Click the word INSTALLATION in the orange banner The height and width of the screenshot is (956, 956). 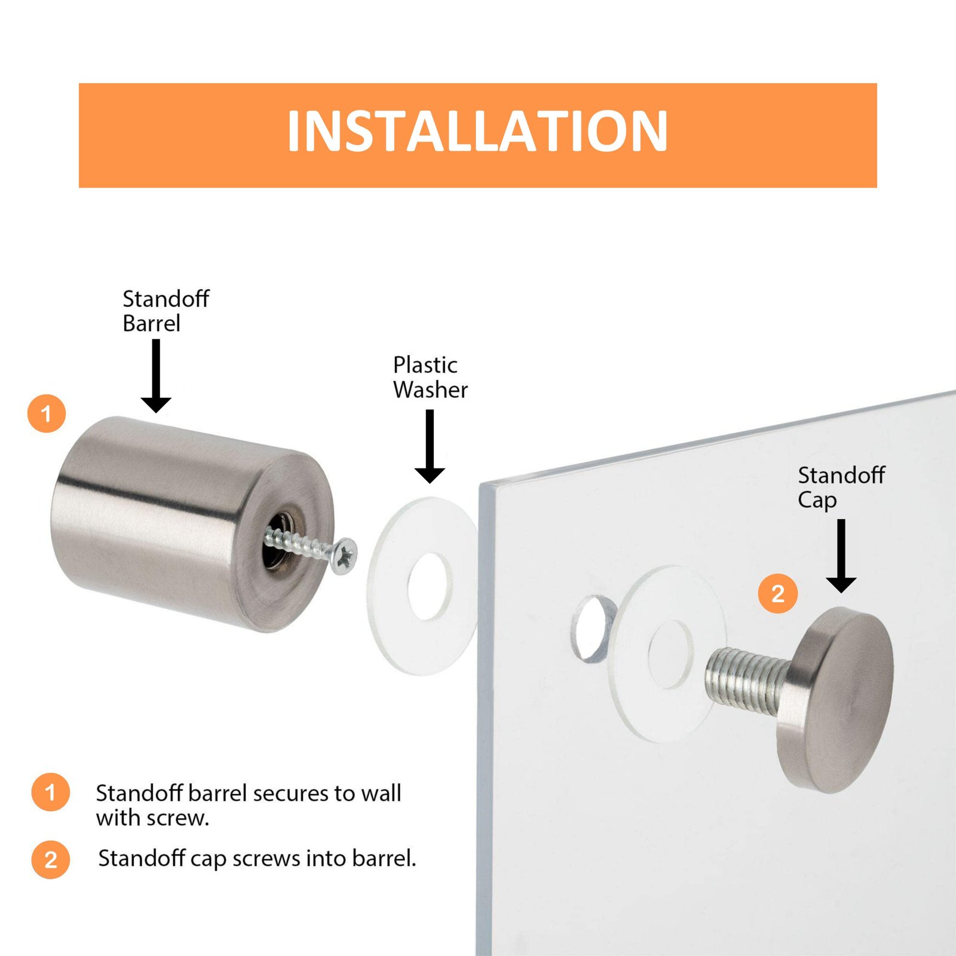point(477,131)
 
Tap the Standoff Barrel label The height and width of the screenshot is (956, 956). point(166,311)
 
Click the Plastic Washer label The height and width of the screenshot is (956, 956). point(430,377)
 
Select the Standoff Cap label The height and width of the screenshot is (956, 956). point(841,488)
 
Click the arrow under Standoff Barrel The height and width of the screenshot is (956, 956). point(156,376)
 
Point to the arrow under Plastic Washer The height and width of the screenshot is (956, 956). point(430,446)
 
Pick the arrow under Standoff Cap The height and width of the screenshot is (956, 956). point(841,556)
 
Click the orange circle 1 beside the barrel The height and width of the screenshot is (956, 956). point(47,413)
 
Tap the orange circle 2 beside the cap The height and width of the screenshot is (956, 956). point(777,593)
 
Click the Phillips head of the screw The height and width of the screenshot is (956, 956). point(344,556)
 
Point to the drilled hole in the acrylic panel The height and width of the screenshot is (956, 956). point(593,629)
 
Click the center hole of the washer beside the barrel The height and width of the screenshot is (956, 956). point(430,587)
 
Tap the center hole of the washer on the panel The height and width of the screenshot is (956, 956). point(670,655)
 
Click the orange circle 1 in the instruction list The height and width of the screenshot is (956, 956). point(51,792)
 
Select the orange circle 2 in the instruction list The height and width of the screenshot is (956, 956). point(51,859)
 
